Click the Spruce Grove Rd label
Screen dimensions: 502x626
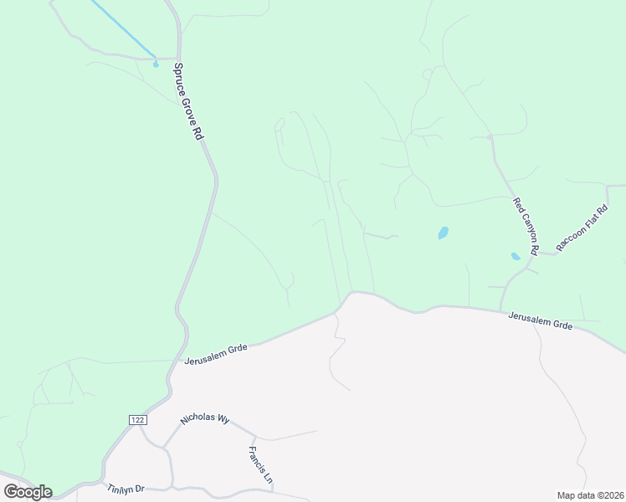(x=189, y=100)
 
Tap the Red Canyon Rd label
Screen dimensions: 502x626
(x=526, y=220)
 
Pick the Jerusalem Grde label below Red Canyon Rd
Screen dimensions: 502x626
(x=541, y=320)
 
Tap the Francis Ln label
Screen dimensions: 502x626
(x=260, y=468)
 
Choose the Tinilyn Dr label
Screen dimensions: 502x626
(x=126, y=488)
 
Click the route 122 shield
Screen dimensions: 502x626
(x=137, y=418)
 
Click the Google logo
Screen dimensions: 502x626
(x=28, y=491)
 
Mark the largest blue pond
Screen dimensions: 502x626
(x=443, y=233)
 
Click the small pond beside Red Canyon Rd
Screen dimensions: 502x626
(x=516, y=256)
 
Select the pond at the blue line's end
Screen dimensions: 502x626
(x=156, y=63)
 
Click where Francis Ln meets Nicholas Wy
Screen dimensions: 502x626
(x=252, y=435)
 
